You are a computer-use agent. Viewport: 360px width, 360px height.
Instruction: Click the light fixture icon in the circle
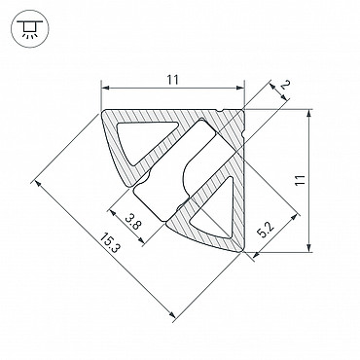(29, 29)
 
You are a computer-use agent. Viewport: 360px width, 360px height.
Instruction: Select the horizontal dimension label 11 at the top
(173, 80)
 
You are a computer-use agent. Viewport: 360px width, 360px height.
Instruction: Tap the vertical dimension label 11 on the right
(301, 180)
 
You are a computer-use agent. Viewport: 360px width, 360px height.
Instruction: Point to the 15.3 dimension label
(110, 243)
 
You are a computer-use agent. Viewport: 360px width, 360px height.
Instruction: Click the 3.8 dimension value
(132, 222)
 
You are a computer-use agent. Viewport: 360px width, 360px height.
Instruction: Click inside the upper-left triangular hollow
(143, 138)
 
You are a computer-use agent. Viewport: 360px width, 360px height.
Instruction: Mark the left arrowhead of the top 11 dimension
(105, 88)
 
